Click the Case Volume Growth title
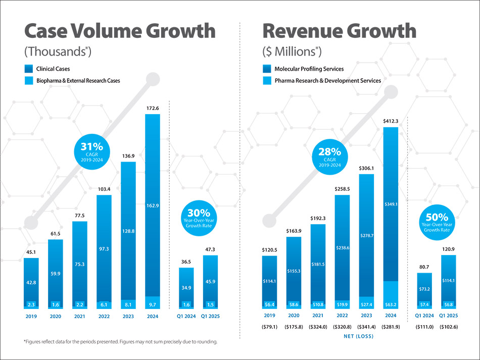tap(120, 31)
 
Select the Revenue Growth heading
tap(340, 31)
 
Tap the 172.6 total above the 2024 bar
tap(152, 108)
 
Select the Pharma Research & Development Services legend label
tap(327, 80)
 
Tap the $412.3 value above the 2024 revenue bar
tap(390, 121)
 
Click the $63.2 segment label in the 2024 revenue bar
tap(390, 305)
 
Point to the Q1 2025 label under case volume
tap(210, 317)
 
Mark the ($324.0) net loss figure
tap(318, 327)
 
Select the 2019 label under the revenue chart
tap(270, 317)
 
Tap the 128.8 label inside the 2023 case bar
tap(128, 231)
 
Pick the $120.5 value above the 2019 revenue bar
tap(270, 250)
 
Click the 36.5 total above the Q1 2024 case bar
tap(186, 262)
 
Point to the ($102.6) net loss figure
tap(448, 327)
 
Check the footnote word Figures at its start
tap(36, 342)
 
